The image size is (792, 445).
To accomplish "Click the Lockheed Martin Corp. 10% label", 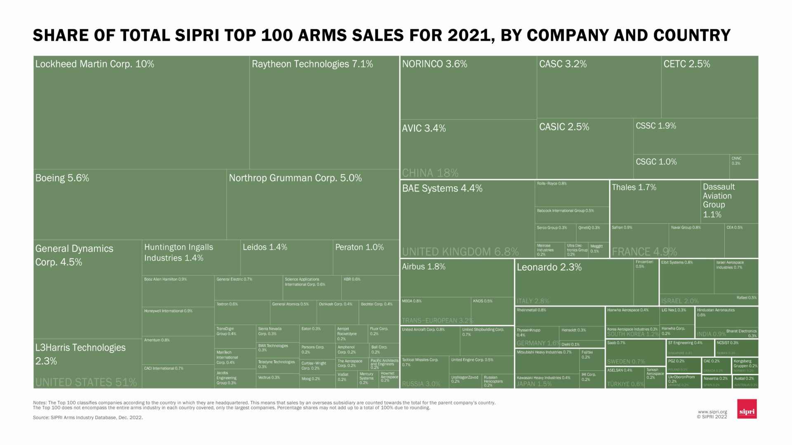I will point(94,64).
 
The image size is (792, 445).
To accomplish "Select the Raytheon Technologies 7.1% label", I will point(312,64).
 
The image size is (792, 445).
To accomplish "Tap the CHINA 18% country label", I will point(430,173).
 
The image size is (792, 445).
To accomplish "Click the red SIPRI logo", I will point(747,409).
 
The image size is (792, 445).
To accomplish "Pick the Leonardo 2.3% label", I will point(549,267).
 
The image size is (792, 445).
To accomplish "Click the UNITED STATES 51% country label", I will point(86,382).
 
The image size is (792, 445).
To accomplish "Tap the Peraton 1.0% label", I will point(359,247).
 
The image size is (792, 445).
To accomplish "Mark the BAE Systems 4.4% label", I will point(442,188).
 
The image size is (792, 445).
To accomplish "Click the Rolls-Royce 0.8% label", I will point(552,183).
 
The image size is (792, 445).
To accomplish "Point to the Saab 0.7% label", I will point(616,343).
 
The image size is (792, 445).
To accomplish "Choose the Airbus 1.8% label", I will point(424,267).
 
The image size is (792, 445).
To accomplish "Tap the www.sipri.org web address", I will point(712,412).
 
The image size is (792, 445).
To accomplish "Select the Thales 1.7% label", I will point(634,187).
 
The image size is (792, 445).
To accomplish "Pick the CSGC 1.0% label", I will point(656,162).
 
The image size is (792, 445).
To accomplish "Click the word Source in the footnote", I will point(40,417).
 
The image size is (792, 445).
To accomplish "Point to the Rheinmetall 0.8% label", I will point(531,310).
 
